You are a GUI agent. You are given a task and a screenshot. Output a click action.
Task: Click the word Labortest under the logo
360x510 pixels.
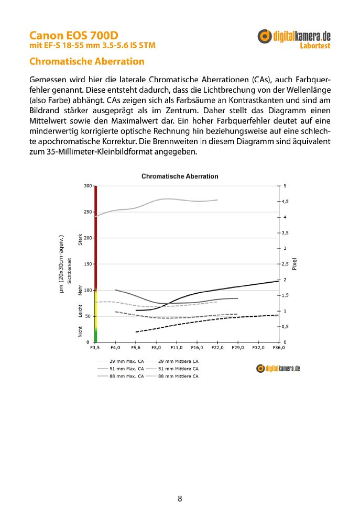click(315, 46)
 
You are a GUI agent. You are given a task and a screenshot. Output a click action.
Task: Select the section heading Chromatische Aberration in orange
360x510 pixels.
click(86, 61)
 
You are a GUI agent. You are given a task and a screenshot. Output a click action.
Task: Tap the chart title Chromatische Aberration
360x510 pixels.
click(180, 176)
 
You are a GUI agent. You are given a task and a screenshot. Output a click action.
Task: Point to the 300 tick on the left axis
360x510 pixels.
click(88, 186)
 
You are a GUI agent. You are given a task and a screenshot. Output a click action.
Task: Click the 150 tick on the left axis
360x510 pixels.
click(88, 264)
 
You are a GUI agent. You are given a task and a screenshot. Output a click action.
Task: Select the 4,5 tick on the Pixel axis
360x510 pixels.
click(285, 201)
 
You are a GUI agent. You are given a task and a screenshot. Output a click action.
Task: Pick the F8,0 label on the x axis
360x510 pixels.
click(156, 347)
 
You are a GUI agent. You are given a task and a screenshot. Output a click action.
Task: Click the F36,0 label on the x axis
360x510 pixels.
click(279, 347)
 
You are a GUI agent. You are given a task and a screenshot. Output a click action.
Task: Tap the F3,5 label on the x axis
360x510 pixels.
click(95, 347)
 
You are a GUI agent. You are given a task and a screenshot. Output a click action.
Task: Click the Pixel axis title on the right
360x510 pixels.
click(294, 264)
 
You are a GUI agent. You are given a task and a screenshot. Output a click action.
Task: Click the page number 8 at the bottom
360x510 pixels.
click(180, 498)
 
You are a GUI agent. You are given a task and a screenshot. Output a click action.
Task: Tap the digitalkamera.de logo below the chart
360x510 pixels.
click(278, 369)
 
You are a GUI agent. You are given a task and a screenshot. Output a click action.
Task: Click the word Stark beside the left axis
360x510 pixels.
click(80, 241)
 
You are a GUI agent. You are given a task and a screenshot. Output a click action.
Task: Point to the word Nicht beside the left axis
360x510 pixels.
click(80, 331)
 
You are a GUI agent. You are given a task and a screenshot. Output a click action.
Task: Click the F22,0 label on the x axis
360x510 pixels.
click(217, 347)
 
